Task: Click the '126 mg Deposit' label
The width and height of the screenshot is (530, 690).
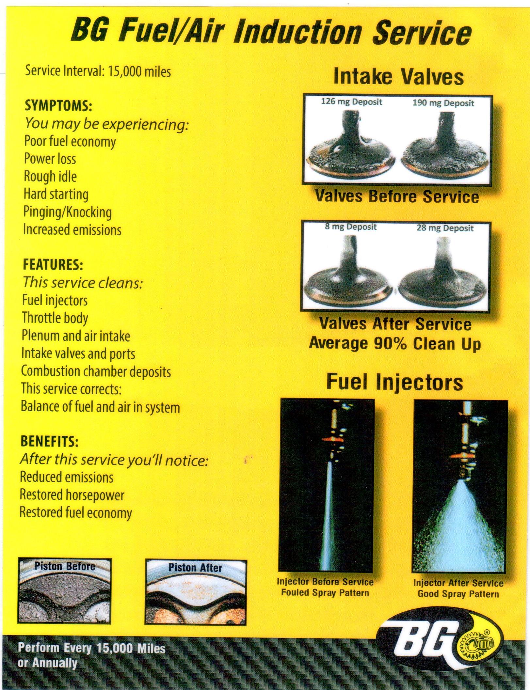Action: (351, 102)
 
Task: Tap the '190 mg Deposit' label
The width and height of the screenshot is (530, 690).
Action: (443, 103)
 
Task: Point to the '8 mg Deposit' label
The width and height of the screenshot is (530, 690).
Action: (351, 227)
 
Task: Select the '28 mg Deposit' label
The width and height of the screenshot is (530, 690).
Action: (445, 228)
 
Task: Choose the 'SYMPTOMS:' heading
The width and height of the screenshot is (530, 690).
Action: (59, 106)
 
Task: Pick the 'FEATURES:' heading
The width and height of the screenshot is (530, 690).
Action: (53, 265)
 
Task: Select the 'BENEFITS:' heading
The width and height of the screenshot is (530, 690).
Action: (49, 441)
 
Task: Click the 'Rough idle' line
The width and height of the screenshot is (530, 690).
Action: (50, 177)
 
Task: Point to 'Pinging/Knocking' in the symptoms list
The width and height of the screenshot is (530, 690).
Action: (68, 212)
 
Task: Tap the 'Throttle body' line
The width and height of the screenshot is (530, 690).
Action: (55, 318)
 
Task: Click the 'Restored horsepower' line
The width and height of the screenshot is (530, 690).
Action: (72, 495)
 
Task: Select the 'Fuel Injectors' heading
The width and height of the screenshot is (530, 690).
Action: (395, 382)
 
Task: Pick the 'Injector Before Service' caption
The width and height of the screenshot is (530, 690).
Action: (325, 582)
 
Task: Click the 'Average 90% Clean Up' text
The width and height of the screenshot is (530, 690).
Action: (395, 344)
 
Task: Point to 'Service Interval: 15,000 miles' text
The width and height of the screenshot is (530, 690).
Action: (98, 71)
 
